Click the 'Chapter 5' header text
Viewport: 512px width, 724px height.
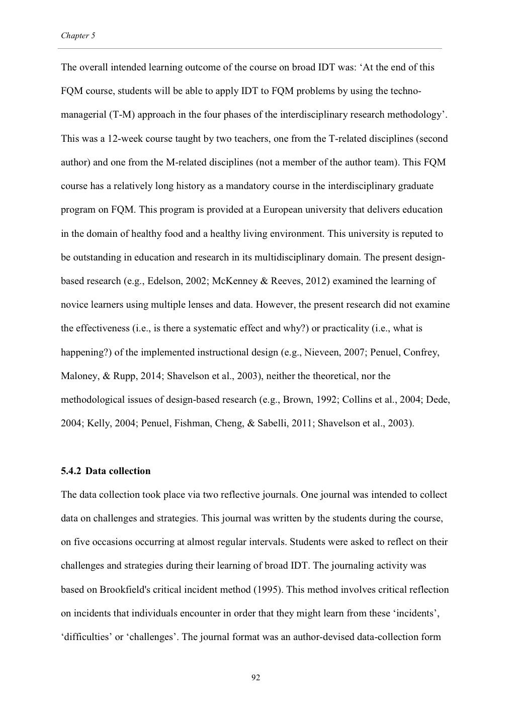point(78,36)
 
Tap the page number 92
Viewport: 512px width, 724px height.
point(255,678)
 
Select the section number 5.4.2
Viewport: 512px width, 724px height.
point(71,471)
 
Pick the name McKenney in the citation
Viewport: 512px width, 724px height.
point(233,281)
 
